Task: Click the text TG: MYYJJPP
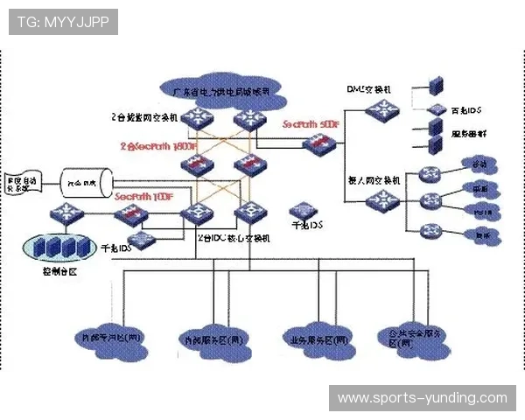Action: [62, 21]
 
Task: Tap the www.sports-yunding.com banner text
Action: [423, 398]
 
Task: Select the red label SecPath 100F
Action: [143, 197]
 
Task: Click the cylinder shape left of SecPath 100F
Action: [81, 183]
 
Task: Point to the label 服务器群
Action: [469, 135]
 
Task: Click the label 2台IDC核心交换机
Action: [234, 237]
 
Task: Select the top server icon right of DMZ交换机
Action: [435, 86]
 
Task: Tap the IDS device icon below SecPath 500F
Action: [304, 211]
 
